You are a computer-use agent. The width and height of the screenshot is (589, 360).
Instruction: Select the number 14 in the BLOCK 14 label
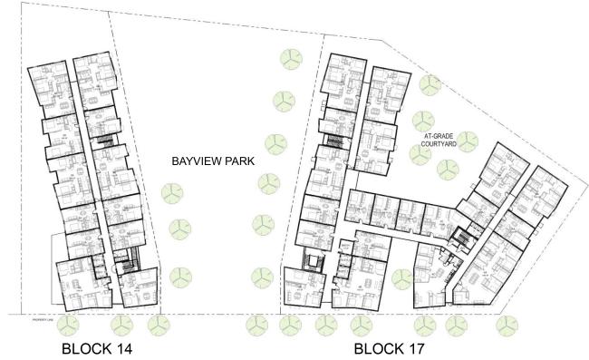[x=123, y=348]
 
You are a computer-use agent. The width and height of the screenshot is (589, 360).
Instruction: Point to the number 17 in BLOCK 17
[x=414, y=348]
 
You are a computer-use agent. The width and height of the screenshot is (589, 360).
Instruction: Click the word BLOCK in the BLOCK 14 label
[x=84, y=348]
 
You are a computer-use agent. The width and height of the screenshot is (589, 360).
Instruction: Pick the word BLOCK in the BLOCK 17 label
[x=375, y=348]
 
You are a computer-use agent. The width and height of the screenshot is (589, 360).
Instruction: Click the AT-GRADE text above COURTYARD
[x=439, y=136]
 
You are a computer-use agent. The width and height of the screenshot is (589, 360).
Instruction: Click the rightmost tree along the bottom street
[x=505, y=324]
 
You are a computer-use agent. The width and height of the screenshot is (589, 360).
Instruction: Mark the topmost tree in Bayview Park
[x=291, y=60]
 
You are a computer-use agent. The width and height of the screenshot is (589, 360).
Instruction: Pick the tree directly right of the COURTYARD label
[x=468, y=141]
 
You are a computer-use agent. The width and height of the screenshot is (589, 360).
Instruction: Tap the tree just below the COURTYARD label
[x=420, y=155]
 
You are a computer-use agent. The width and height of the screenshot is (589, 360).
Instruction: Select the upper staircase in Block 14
[x=107, y=141]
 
